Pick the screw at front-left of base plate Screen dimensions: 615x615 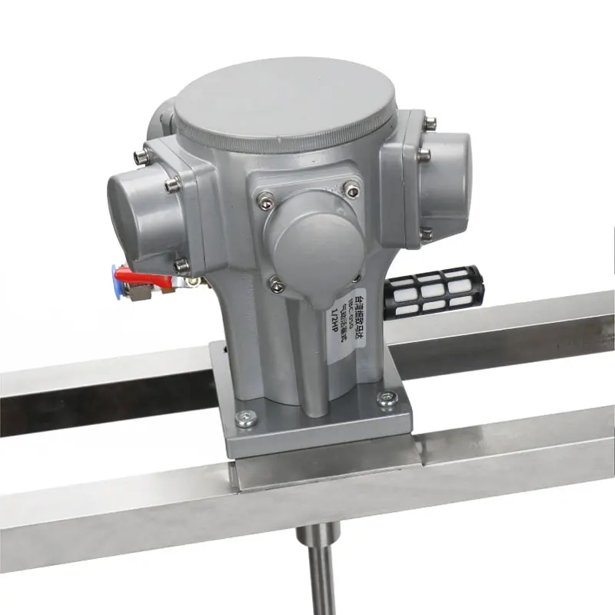point(245,417)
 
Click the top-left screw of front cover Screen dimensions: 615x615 point(265,197)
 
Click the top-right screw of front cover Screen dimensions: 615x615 point(351,186)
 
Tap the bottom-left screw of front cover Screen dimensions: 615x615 point(278,286)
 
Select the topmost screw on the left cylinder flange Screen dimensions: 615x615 point(140,157)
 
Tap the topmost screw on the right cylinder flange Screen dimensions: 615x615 point(430,121)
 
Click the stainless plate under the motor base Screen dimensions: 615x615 point(331,461)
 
